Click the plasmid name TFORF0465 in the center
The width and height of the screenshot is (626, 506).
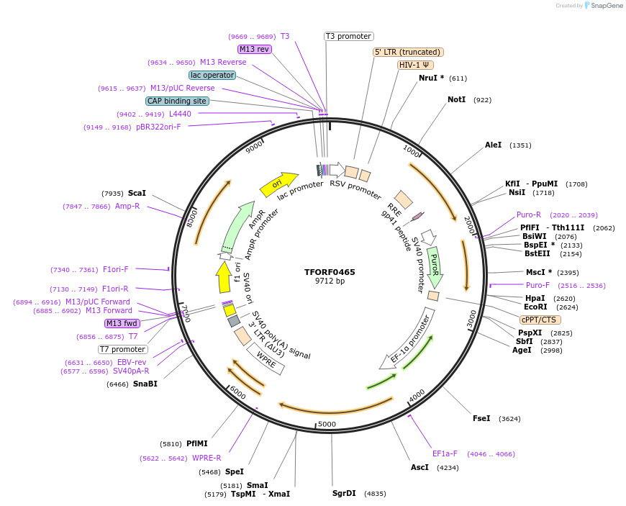(x=330, y=272)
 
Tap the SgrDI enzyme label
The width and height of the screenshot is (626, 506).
(x=344, y=493)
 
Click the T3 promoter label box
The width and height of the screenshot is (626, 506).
(x=348, y=36)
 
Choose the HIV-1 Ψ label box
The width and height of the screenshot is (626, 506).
(x=415, y=65)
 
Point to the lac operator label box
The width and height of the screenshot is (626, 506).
(x=212, y=75)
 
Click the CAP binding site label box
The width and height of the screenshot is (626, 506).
(x=177, y=101)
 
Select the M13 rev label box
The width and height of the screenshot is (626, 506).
(x=254, y=49)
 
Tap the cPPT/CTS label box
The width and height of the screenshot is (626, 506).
(x=540, y=320)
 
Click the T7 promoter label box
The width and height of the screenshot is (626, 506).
(x=123, y=349)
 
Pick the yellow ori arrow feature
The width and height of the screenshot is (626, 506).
(x=278, y=185)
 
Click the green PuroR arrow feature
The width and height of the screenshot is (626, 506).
(x=434, y=267)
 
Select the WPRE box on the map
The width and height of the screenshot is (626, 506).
(x=266, y=358)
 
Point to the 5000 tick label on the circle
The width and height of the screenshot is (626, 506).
(x=327, y=424)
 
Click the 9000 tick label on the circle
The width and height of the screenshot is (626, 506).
(x=255, y=148)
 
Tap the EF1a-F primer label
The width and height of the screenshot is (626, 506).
(x=445, y=453)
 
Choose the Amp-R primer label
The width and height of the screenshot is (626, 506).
(x=127, y=206)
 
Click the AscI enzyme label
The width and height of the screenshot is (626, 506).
(x=419, y=467)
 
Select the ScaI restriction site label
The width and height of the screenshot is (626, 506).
(x=137, y=193)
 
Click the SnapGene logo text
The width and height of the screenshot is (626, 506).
(x=603, y=6)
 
